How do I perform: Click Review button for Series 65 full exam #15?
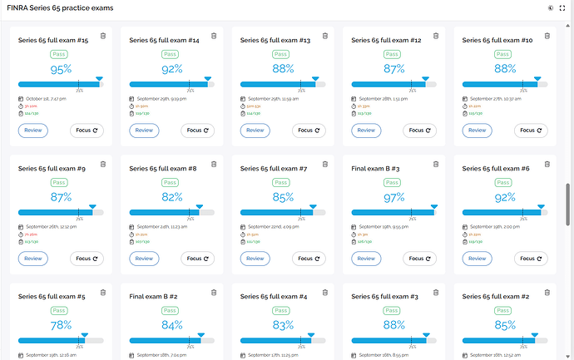(32, 130)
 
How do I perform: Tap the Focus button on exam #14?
(196, 130)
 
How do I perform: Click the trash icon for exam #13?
(324, 36)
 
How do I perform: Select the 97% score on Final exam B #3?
(394, 197)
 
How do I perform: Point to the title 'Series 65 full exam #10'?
(497, 40)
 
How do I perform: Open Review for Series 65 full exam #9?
(32, 258)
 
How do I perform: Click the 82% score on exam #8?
(172, 197)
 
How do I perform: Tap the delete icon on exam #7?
(324, 164)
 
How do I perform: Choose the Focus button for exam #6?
(530, 258)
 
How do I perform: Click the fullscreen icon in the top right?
(562, 7)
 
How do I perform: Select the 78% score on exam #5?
(61, 325)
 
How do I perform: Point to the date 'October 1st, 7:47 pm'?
(46, 99)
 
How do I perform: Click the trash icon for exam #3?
(436, 292)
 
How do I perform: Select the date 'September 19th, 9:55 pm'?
(386, 227)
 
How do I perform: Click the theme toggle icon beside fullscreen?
(550, 7)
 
